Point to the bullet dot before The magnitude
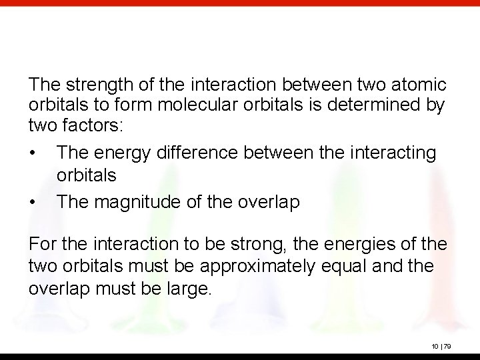tap(32, 202)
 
